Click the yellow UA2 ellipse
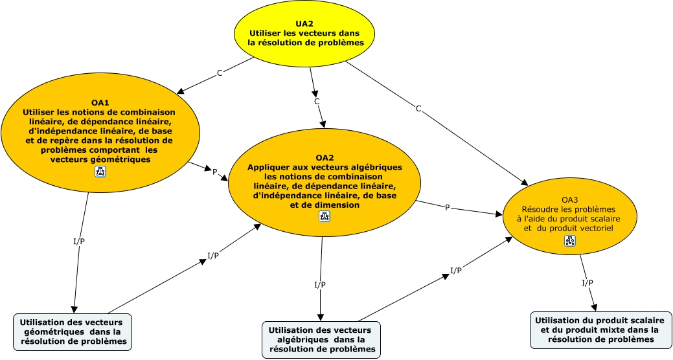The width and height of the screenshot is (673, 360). pyautogui.click(x=304, y=33)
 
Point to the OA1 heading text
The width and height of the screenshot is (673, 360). pyautogui.click(x=100, y=102)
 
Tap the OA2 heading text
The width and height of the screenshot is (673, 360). pyautogui.click(x=325, y=157)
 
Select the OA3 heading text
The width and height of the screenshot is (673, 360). pyautogui.click(x=569, y=201)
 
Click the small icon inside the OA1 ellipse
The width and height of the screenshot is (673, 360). pyautogui.click(x=101, y=171)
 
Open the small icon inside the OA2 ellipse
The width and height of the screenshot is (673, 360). pyautogui.click(x=325, y=217)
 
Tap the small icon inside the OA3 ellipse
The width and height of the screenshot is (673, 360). pyautogui.click(x=569, y=241)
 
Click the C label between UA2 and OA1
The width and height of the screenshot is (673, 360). pyautogui.click(x=220, y=73)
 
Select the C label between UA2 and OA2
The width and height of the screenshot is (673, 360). pyautogui.click(x=317, y=102)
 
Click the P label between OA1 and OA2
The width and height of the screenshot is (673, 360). pyautogui.click(x=215, y=172)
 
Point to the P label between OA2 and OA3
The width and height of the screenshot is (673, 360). pyautogui.click(x=447, y=208)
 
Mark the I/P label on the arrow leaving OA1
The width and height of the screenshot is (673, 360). pyautogui.click(x=79, y=242)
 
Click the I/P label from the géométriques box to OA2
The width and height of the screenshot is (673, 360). pyautogui.click(x=213, y=255)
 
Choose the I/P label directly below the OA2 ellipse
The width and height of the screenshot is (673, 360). pyautogui.click(x=320, y=285)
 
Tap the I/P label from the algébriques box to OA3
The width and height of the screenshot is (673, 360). pyautogui.click(x=456, y=271)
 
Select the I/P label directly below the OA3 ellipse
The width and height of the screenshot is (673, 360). pyautogui.click(x=587, y=283)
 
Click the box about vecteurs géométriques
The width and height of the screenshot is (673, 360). pyautogui.click(x=73, y=332)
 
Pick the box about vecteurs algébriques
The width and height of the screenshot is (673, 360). pyautogui.click(x=321, y=339)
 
